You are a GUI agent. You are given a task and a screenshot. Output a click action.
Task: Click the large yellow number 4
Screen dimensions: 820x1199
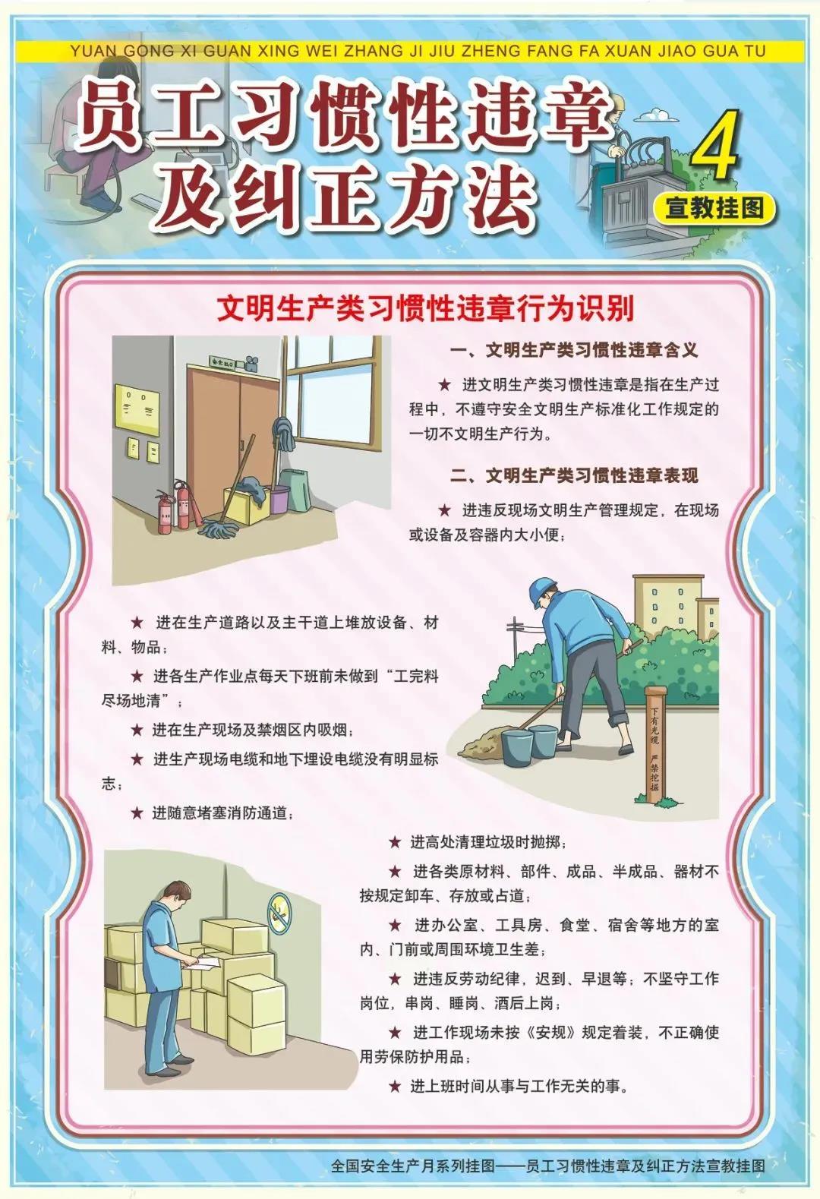point(714,144)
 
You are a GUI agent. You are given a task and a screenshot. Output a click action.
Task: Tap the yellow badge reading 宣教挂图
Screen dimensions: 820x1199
point(714,208)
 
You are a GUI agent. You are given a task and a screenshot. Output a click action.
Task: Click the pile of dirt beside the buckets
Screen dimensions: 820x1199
point(481,742)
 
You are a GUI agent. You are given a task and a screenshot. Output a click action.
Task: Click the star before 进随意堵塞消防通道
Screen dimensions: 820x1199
point(137,813)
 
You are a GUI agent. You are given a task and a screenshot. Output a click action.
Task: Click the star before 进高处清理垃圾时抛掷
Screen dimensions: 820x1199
point(395,842)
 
